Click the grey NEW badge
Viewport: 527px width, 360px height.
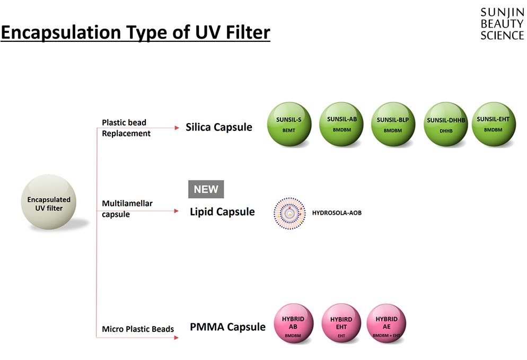coord(206,189)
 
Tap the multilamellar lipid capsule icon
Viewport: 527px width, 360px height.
coord(290,213)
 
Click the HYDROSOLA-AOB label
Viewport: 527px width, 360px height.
coord(337,213)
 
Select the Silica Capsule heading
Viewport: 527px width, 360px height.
coord(218,127)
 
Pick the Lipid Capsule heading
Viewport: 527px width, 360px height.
coord(222,212)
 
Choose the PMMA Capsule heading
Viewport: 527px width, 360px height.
coord(227,327)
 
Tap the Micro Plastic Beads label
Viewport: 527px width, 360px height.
coord(138,329)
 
